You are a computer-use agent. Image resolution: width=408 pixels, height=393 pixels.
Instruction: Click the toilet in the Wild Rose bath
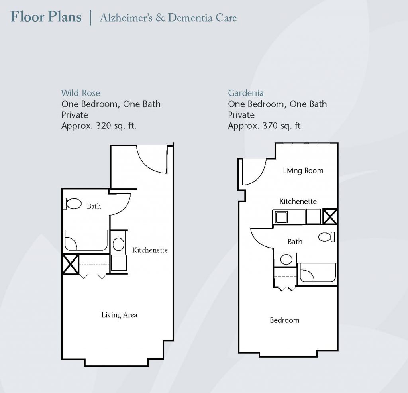72,204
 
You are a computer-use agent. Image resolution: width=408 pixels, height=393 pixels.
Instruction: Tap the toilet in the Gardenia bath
327,237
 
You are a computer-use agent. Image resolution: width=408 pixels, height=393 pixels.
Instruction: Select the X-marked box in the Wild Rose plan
71,264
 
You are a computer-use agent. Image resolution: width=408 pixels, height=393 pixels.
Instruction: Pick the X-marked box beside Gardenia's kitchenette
330,216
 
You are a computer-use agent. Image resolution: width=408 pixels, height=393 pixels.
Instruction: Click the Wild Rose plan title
80,93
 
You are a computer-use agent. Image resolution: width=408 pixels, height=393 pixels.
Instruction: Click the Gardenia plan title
245,93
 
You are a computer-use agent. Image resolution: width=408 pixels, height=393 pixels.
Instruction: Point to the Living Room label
303,171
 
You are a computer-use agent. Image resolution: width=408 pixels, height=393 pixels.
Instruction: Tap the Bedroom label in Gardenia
284,320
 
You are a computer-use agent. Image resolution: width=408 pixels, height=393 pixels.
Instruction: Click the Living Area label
119,315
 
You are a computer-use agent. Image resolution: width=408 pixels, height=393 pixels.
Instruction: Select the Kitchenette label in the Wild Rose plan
150,250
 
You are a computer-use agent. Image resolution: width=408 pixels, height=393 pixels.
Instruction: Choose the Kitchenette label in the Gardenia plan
298,201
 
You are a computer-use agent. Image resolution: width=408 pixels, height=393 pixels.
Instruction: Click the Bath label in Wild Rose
94,206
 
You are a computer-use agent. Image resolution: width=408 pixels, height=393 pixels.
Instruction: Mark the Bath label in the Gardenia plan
295,242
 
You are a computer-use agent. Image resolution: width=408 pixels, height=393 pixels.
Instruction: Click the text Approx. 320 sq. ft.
99,126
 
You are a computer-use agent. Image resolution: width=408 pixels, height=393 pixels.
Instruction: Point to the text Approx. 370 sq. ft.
265,126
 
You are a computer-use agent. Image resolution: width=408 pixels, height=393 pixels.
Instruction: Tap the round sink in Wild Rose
118,244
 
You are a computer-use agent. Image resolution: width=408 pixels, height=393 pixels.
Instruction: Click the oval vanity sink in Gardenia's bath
286,259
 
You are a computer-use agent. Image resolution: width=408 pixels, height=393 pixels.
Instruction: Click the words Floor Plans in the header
46,17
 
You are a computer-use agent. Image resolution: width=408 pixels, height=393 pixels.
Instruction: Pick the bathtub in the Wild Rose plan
85,240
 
